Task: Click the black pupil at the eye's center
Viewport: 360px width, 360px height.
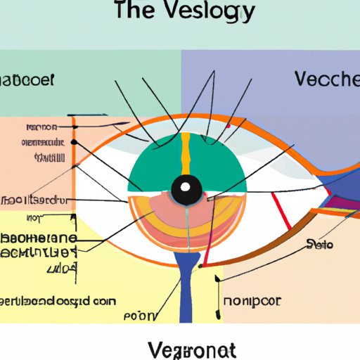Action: pos(186,188)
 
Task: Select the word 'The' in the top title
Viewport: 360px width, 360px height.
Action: pos(141,13)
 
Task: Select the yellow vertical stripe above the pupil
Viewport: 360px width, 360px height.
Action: pos(186,151)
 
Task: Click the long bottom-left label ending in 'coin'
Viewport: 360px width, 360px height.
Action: pos(60,300)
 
